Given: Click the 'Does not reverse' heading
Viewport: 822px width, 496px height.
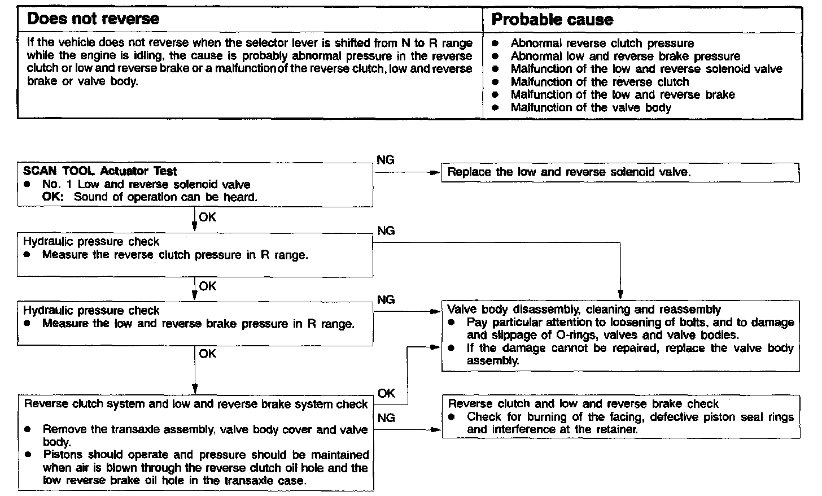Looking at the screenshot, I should tap(93, 19).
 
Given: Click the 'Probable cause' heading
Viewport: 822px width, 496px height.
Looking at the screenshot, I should tap(552, 20).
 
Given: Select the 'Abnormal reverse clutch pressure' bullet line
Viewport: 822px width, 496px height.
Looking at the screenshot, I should tap(602, 43).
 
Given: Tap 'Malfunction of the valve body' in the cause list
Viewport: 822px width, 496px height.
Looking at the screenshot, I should tap(591, 107).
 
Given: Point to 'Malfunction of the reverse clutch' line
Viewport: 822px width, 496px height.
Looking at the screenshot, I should tap(600, 82).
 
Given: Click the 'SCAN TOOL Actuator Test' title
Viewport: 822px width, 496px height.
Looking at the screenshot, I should tap(100, 171).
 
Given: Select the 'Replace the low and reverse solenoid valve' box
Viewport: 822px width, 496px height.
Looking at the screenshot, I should tap(569, 172).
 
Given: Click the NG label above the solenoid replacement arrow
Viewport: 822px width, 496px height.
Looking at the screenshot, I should tap(385, 160).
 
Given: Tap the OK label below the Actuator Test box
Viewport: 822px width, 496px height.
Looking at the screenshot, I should tap(207, 217).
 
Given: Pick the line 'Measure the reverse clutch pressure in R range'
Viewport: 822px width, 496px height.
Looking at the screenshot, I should tap(175, 255).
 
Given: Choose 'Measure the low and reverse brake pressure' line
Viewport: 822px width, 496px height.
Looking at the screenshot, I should tap(198, 324).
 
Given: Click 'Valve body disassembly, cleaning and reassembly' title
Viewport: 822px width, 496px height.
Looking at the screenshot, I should tap(584, 310).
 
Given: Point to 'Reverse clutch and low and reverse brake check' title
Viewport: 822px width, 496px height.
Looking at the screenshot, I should tap(583, 404).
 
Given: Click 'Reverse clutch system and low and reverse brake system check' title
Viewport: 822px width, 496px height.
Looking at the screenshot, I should tap(196, 404).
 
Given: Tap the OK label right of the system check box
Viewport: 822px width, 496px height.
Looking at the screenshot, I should tap(386, 393).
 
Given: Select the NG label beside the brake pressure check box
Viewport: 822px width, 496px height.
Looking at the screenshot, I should tap(386, 300).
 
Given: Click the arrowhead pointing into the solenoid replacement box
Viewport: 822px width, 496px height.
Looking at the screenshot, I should tap(436, 173).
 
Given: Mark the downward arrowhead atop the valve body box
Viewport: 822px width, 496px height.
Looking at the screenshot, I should tap(620, 294).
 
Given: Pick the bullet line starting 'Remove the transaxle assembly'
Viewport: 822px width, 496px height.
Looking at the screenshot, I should tap(204, 429).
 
